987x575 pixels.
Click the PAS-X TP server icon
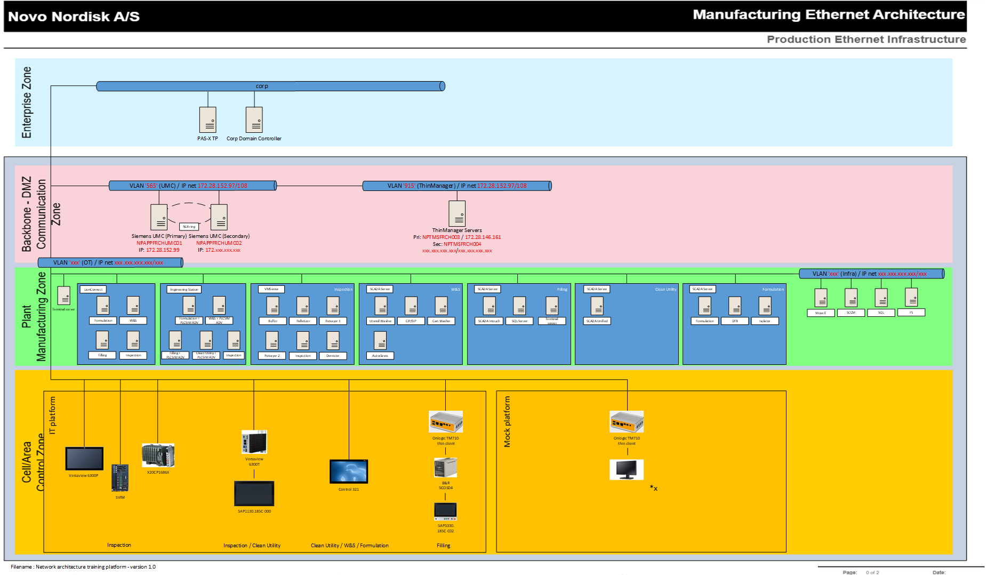point(207,119)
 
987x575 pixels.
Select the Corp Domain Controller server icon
point(254,119)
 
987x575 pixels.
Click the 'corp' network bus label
point(262,86)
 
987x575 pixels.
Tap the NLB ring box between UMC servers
point(189,227)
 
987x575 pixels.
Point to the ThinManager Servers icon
point(457,213)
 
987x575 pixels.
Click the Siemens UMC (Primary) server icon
point(159,217)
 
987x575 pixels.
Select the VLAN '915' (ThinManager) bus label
point(456,186)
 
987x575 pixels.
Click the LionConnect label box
point(93,289)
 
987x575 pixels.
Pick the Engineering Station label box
point(184,289)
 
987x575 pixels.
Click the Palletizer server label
point(303,321)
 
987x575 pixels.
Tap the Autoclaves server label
point(380,355)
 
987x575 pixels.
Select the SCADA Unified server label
point(597,321)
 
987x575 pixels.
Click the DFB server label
point(735,321)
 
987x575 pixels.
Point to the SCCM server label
point(851,313)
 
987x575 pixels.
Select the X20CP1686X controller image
point(158,456)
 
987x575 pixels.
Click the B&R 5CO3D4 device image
point(446,468)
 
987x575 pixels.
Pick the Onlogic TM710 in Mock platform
point(627,421)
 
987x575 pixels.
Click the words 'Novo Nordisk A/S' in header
point(74,17)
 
